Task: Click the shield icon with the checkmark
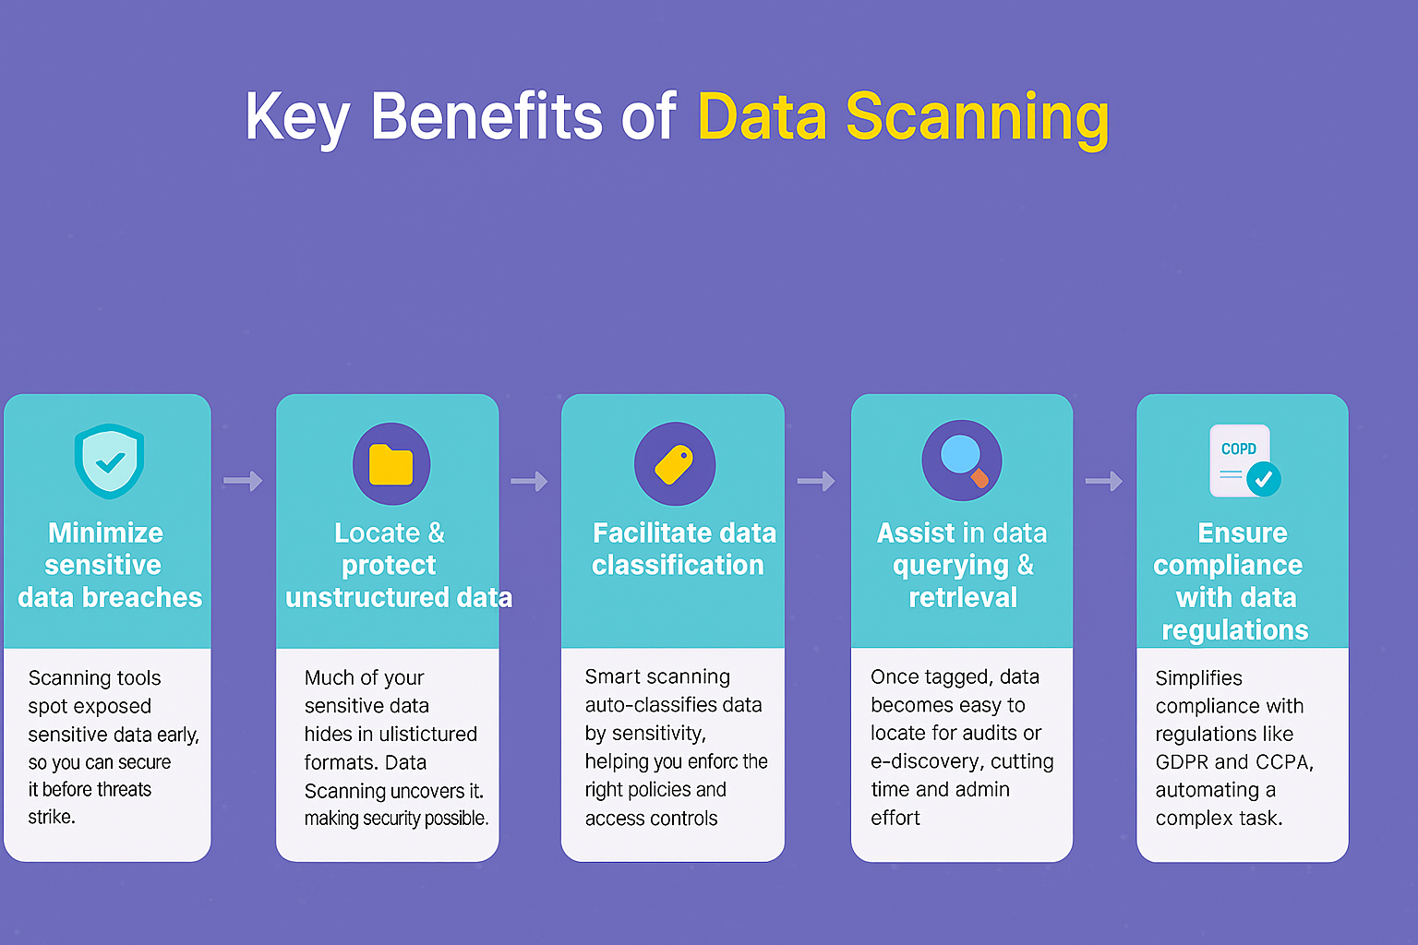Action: coord(109,461)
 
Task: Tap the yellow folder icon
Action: coord(391,464)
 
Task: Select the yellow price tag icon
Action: coord(674,464)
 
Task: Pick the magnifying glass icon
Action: coord(962,460)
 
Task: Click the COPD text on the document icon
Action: coord(1238,449)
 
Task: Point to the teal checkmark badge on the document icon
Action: coord(1263,479)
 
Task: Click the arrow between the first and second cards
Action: coord(243,481)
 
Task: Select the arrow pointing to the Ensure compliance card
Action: coord(1103,481)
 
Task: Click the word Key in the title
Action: coord(296,117)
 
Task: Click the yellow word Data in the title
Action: coord(762,117)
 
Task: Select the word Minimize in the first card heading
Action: coord(105,532)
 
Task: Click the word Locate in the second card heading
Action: coord(377,532)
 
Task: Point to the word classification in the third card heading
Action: coord(678,565)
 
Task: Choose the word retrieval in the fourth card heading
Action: coord(963,597)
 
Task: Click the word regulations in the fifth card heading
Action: coord(1234,629)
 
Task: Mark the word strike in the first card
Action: coord(50,817)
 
